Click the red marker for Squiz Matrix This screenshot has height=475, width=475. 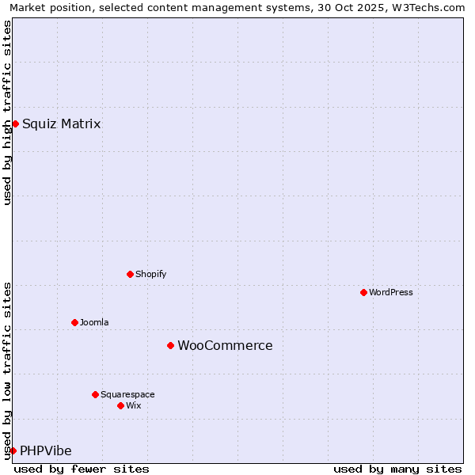click(x=15, y=123)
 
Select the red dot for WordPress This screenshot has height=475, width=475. click(x=363, y=292)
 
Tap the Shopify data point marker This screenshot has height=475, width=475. click(x=130, y=274)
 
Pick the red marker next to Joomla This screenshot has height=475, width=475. click(x=74, y=322)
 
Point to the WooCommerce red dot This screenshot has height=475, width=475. click(x=170, y=345)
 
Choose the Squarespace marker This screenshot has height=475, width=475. click(x=95, y=394)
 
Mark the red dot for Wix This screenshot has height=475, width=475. click(x=120, y=405)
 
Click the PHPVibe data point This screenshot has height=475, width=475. click(x=13, y=450)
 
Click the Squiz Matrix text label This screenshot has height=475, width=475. click(x=61, y=123)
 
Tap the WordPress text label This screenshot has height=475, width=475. click(x=390, y=292)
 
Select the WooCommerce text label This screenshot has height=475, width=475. click(x=225, y=345)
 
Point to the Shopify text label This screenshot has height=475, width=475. click(x=150, y=274)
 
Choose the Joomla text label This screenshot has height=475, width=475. click(x=94, y=322)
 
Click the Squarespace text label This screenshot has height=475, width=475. click(x=127, y=394)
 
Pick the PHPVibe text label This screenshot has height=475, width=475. click(x=46, y=450)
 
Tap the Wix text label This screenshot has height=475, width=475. click(x=133, y=405)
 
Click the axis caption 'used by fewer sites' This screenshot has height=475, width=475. click(x=82, y=469)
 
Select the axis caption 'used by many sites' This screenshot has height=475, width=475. click(x=397, y=469)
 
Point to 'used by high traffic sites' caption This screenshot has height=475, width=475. click(x=8, y=112)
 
